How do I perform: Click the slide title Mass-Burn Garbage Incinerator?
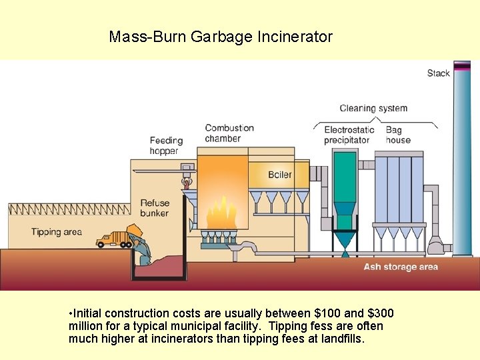pyautogui.click(x=221, y=37)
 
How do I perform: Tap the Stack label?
pyautogui.click(x=438, y=73)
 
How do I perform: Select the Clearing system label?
pyautogui.click(x=373, y=108)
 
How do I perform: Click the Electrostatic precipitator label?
pyautogui.click(x=348, y=135)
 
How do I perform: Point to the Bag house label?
pyautogui.click(x=398, y=135)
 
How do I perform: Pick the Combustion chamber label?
pyautogui.click(x=229, y=133)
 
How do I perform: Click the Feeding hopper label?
pyautogui.click(x=166, y=145)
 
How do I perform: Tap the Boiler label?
pyautogui.click(x=280, y=175)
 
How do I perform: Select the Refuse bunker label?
pyautogui.click(x=155, y=208)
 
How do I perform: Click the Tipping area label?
pyautogui.click(x=57, y=232)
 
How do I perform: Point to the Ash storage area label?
pyautogui.click(x=401, y=267)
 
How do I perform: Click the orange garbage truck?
pyautogui.click(x=115, y=238)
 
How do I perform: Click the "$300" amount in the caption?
pyautogui.click(x=381, y=313)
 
